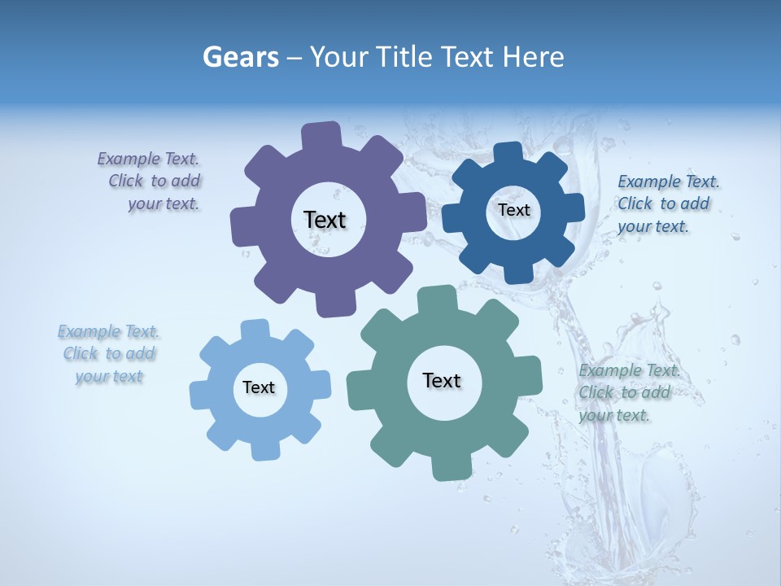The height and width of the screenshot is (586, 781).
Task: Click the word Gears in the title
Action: pyautogui.click(x=241, y=58)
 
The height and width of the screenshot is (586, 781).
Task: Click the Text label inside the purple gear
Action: pyautogui.click(x=325, y=220)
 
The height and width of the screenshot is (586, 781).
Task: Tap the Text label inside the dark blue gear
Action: pyautogui.click(x=513, y=210)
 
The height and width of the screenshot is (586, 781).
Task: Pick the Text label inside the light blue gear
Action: pyautogui.click(x=259, y=387)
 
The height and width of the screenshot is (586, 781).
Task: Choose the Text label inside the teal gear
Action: pyautogui.click(x=442, y=380)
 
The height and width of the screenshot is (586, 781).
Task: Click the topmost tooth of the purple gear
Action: pyautogui.click(x=321, y=135)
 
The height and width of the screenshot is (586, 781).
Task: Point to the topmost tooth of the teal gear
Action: pyautogui.click(x=438, y=298)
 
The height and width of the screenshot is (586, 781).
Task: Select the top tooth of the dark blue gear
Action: pyautogui.click(x=508, y=153)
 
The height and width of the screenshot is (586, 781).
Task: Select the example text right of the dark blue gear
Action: pyautogui.click(x=667, y=204)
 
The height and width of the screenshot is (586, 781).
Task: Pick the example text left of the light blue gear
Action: pyautogui.click(x=109, y=354)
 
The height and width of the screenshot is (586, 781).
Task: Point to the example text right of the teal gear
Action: pyautogui.click(x=627, y=393)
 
